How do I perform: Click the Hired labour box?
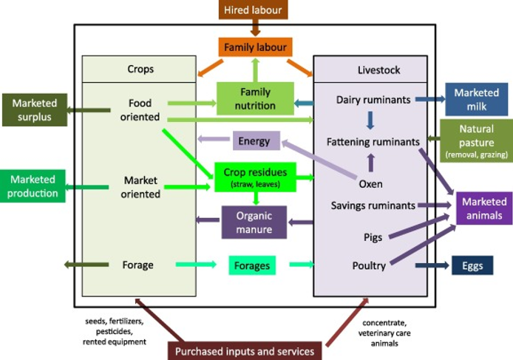pos(254,10)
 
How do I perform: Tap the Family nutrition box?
pos(255,99)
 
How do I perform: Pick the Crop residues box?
pos(255,176)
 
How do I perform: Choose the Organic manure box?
pos(254,222)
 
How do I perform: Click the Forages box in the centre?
pos(252,265)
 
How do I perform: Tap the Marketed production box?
pos(33,186)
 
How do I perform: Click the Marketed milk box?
pos(476,99)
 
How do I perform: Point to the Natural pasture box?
pos(476,141)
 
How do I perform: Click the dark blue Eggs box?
pos(472,265)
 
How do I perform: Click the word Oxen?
pos(370,183)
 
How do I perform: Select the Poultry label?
pos(369,265)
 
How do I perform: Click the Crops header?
pos(139,69)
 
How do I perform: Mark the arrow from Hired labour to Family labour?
pos(254,28)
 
